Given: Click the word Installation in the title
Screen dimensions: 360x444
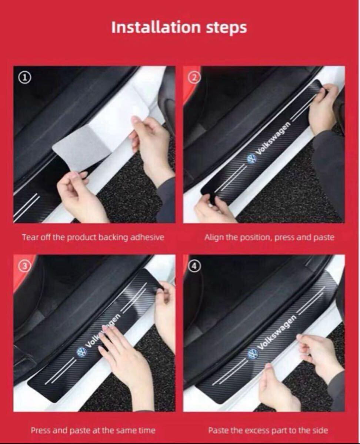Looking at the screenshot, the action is [156, 27].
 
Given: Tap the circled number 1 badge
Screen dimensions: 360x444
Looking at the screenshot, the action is [24, 78].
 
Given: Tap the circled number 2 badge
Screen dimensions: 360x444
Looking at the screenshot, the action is [194, 78].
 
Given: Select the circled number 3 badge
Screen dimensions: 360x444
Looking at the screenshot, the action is [24, 266].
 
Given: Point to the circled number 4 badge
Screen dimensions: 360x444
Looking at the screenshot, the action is [194, 266].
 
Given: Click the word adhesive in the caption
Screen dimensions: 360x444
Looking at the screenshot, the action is [147, 238].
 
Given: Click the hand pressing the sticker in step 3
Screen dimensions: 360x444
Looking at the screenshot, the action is [125, 352].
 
